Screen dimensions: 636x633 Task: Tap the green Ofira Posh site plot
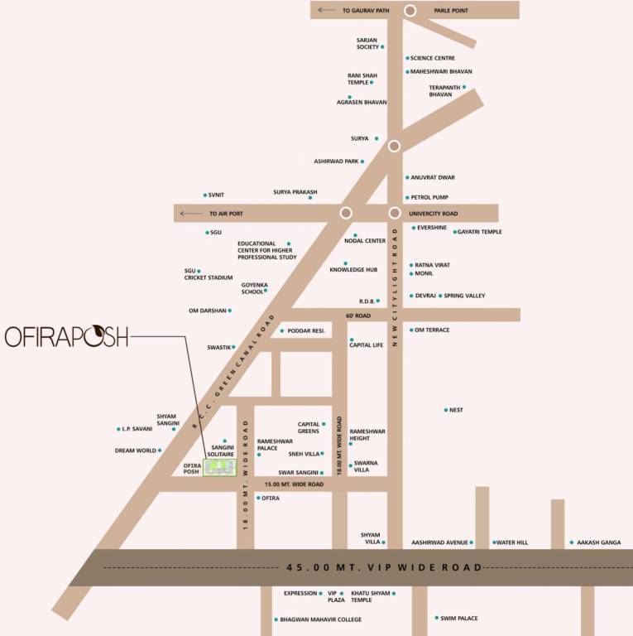point(220,467)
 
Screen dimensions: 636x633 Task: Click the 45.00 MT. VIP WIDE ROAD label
point(384,568)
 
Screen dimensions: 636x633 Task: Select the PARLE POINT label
point(451,11)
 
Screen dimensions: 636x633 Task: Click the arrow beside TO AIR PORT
point(191,214)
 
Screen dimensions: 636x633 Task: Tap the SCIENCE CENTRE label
point(433,58)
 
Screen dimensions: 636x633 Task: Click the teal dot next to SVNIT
point(205,195)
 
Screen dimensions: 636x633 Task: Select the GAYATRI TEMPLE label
point(479,232)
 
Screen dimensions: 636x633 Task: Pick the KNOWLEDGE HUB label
point(353,270)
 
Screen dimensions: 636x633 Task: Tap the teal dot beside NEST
point(446,410)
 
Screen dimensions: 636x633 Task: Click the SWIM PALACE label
point(459,619)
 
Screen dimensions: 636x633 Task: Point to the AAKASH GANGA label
point(599,542)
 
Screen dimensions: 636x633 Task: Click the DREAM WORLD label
point(136,450)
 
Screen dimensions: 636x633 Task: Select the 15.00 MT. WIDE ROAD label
point(293,484)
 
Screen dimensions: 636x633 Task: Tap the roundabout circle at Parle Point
point(410,10)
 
